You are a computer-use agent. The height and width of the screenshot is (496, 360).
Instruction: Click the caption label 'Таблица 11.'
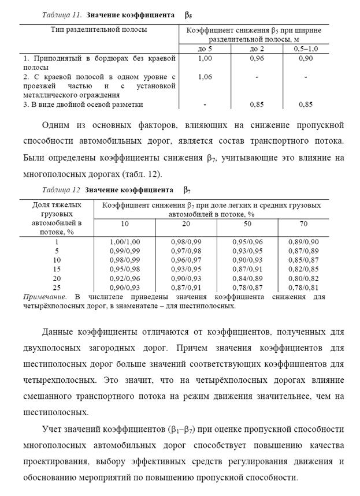(62, 14)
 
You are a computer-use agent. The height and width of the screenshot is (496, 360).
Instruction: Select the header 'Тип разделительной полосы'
(99, 29)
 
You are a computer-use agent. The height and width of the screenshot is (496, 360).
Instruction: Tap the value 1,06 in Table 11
(205, 76)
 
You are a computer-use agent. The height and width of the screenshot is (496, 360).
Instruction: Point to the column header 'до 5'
(205, 49)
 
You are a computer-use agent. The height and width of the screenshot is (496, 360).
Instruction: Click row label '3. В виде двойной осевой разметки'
(83, 105)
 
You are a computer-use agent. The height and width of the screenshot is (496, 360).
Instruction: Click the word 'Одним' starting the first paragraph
(58, 125)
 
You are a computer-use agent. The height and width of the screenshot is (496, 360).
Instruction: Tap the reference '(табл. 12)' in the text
(140, 173)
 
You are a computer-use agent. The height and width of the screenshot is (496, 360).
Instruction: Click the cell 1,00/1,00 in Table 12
(125, 242)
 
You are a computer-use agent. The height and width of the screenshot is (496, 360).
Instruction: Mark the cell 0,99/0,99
(125, 251)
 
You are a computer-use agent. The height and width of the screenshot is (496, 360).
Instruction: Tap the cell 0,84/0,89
(247, 278)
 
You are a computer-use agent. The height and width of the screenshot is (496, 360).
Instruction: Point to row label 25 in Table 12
(57, 288)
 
